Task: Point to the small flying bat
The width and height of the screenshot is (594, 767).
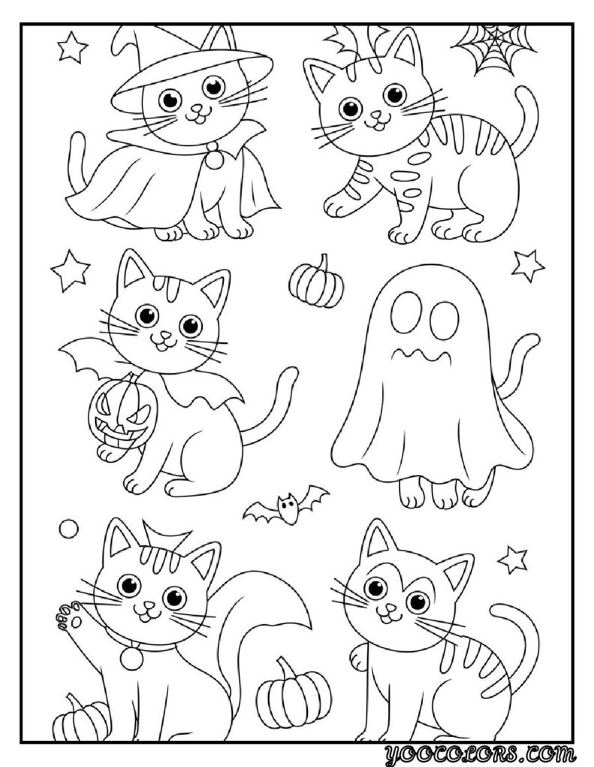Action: (286, 506)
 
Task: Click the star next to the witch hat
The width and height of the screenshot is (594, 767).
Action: (72, 48)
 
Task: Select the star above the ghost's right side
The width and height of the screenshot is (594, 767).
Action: (528, 264)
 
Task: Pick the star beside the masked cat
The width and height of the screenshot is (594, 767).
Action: (513, 558)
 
